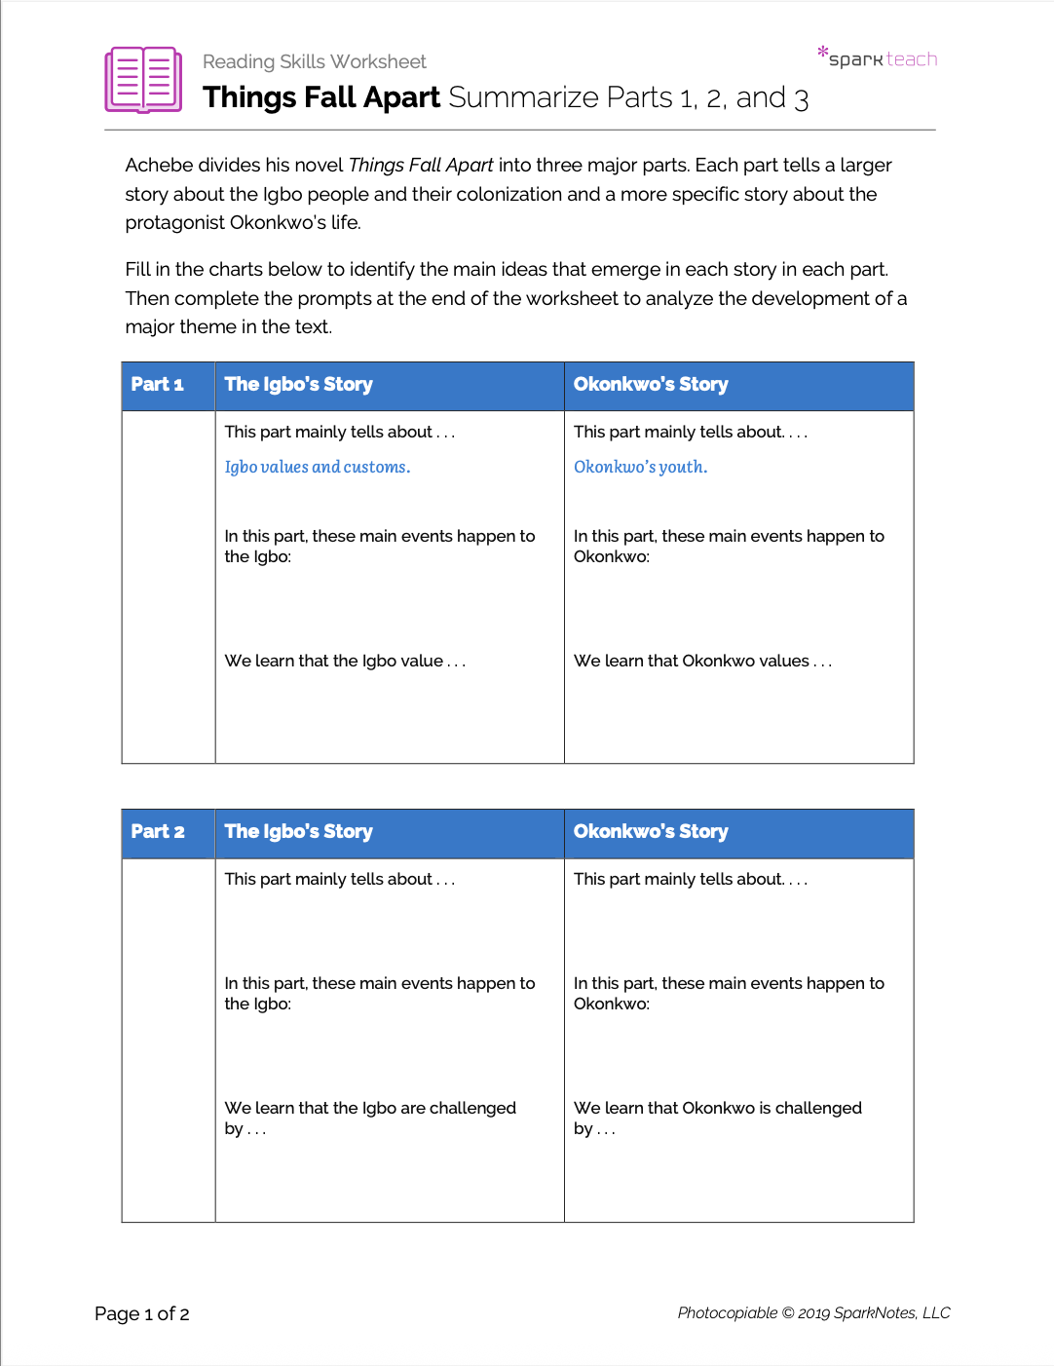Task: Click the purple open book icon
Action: [x=143, y=80]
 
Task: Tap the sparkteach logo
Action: [x=879, y=58]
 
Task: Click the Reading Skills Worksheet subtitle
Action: [x=314, y=61]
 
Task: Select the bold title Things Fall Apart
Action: [x=321, y=97]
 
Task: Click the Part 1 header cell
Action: [x=158, y=385]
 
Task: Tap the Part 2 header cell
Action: [x=158, y=832]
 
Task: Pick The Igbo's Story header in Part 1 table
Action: [x=298, y=385]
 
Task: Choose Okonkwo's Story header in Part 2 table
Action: [x=651, y=832]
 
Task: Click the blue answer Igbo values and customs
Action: [x=317, y=468]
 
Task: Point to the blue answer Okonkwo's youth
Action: [x=640, y=468]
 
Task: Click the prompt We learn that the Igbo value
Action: [x=345, y=662]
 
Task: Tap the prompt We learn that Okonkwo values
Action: [x=702, y=662]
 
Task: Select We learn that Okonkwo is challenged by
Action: [x=717, y=1118]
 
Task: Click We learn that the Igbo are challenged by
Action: [x=370, y=1118]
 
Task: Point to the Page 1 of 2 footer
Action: [x=142, y=1314]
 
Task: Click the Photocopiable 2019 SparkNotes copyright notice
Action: [x=813, y=1313]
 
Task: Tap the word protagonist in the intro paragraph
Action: [x=176, y=223]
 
